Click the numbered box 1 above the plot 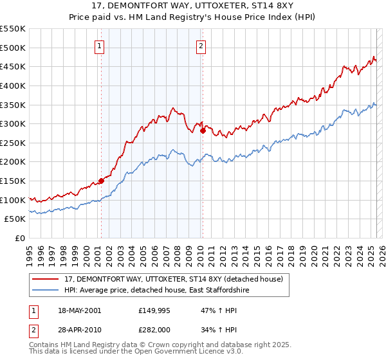pyautogui.click(x=101, y=46)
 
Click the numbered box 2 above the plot pyautogui.click(x=201, y=46)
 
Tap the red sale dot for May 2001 pyautogui.click(x=101, y=181)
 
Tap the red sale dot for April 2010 pyautogui.click(x=203, y=130)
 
